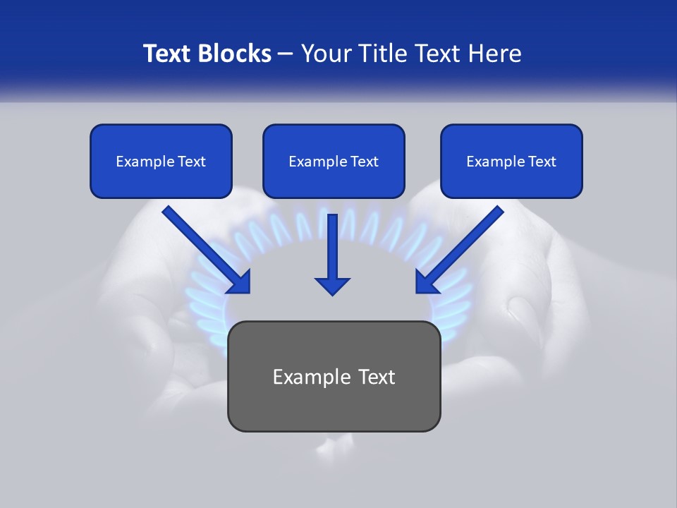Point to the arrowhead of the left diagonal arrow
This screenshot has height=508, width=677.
point(239,282)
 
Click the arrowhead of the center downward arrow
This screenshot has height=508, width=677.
point(332,285)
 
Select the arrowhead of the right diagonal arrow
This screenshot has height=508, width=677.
point(427,282)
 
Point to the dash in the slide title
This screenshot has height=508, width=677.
point(286,54)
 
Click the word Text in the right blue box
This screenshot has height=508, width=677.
point(542,162)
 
